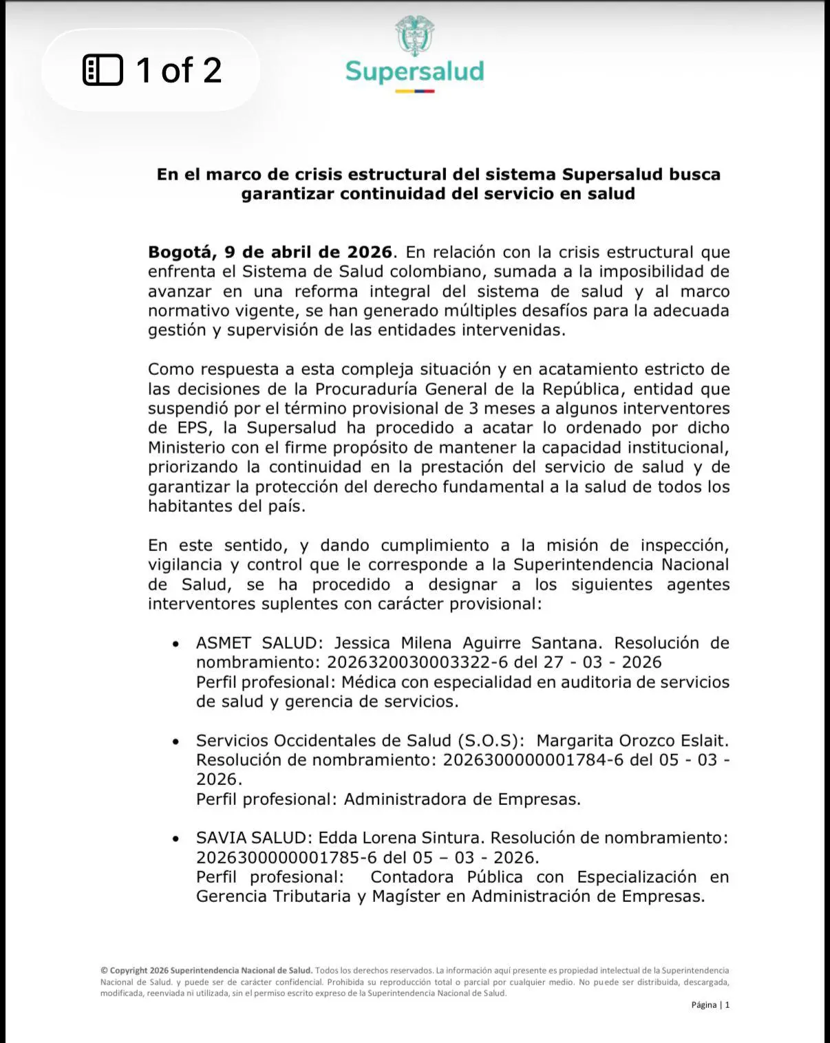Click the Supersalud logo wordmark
414,72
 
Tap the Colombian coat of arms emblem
414,36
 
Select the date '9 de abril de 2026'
308,252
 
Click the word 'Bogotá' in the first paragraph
180,252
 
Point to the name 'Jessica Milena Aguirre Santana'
468,643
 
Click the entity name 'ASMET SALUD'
259,643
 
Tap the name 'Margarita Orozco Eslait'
631,741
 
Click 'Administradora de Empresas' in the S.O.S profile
462,799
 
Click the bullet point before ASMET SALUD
176,644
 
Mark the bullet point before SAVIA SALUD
176,839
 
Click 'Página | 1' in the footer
710,1005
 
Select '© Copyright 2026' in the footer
134,971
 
